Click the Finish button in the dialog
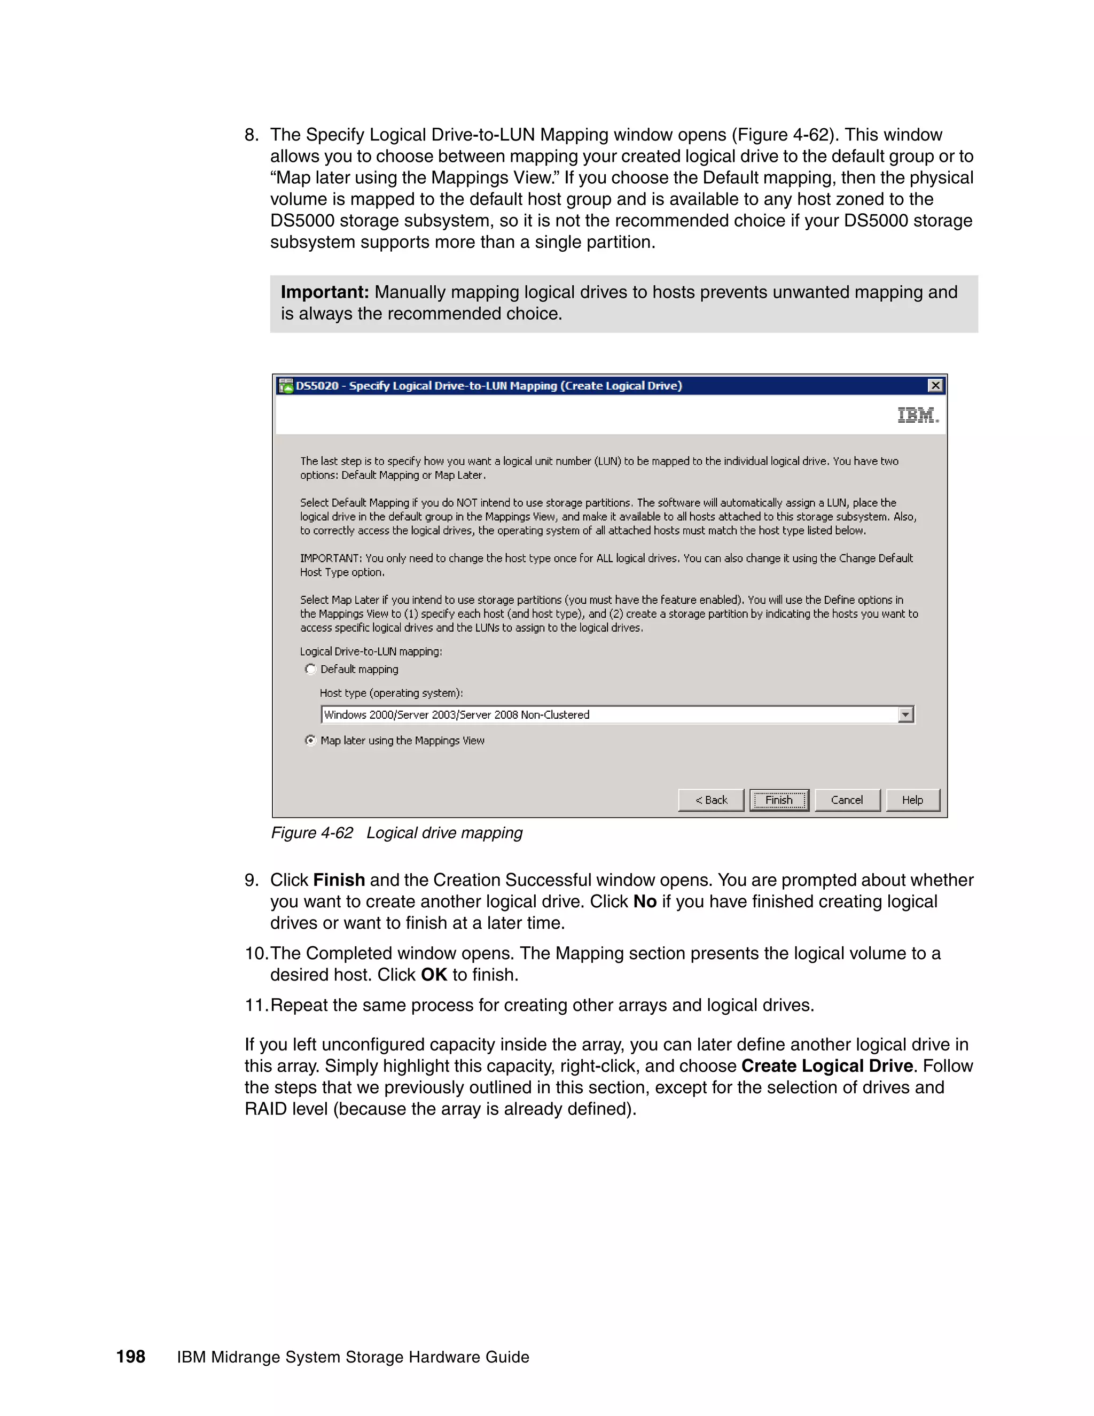tap(779, 800)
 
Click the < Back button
tap(711, 800)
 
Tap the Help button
tap(912, 800)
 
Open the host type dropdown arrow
tap(906, 714)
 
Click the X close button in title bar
tap(935, 386)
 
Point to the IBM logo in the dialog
tap(917, 415)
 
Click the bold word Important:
tap(325, 292)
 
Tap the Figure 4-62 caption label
tap(312, 833)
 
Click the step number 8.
tap(251, 135)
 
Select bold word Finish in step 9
tap(338, 881)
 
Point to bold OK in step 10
tap(434, 975)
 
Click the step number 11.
tap(255, 1006)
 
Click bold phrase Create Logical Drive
tap(827, 1067)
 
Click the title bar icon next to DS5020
tap(286, 386)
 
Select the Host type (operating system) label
tap(392, 693)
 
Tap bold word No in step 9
tap(645, 902)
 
